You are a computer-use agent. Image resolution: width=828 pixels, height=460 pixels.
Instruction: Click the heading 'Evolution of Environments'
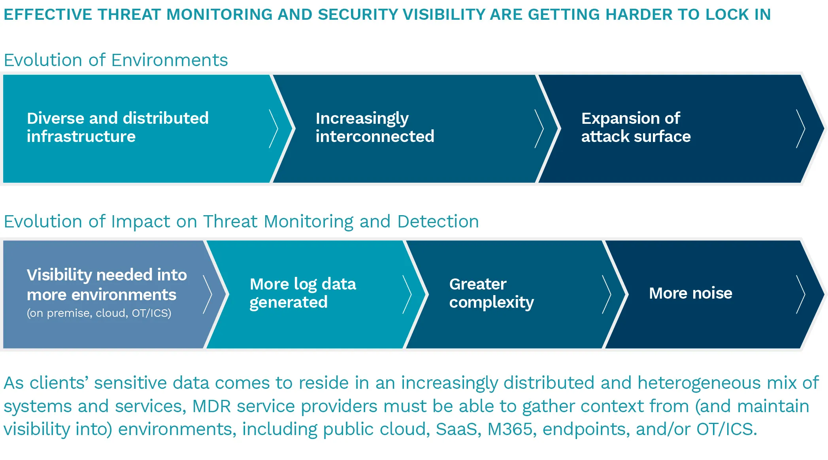[116, 60]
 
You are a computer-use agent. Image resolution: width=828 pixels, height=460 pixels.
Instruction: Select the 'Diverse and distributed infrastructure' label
[118, 127]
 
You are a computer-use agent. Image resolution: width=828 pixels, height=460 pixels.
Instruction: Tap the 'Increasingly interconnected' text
[375, 127]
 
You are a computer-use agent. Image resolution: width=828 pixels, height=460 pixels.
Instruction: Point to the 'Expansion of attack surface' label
[636, 127]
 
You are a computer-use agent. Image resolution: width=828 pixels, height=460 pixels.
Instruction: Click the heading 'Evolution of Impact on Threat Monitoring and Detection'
[241, 221]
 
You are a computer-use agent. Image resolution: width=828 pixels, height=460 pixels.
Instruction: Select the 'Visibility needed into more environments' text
[107, 284]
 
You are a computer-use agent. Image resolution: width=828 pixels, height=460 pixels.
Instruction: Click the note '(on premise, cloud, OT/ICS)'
[99, 313]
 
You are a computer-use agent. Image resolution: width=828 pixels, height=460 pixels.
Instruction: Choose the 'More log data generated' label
[303, 293]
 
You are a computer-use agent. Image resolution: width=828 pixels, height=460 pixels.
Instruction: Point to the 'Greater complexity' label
[491, 293]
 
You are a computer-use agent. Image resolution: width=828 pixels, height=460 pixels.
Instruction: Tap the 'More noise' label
[690, 293]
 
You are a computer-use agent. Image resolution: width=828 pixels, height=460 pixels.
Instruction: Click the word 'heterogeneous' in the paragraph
[699, 383]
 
